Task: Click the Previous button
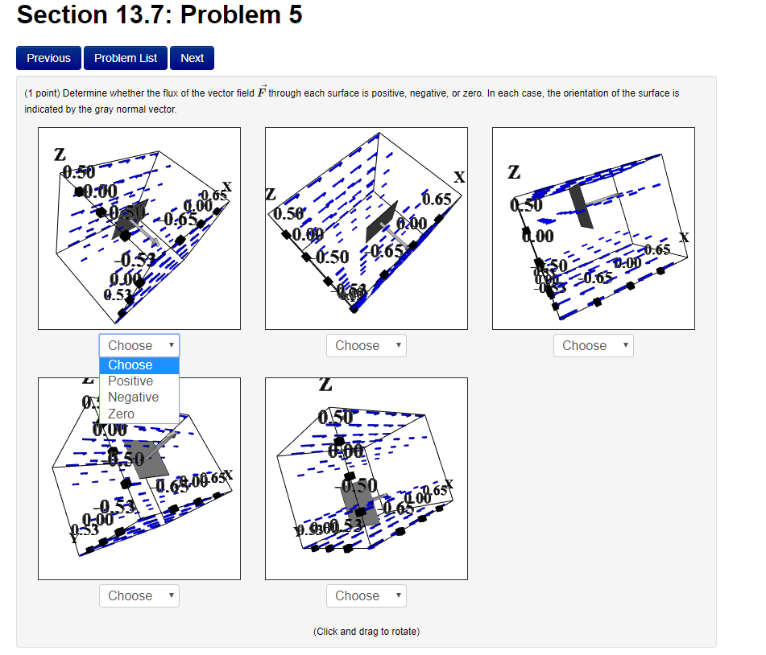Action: [48, 58]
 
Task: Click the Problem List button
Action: [126, 58]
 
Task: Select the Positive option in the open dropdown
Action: [130, 381]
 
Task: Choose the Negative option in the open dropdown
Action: [133, 398]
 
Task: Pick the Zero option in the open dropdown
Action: [122, 414]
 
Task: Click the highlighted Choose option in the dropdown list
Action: [130, 365]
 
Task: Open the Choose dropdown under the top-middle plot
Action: [366, 346]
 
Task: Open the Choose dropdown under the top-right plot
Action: [593, 346]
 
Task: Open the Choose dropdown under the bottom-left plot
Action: [139, 596]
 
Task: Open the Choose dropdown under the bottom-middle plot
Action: [366, 596]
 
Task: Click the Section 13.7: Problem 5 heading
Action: [159, 15]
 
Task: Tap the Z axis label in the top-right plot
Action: [514, 172]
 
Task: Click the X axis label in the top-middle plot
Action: [459, 177]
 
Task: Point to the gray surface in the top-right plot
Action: [582, 206]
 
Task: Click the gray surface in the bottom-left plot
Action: [147, 459]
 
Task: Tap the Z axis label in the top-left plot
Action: [60, 154]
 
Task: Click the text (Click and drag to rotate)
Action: [366, 632]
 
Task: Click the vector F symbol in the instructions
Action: [260, 93]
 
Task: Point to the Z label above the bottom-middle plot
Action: [325, 386]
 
